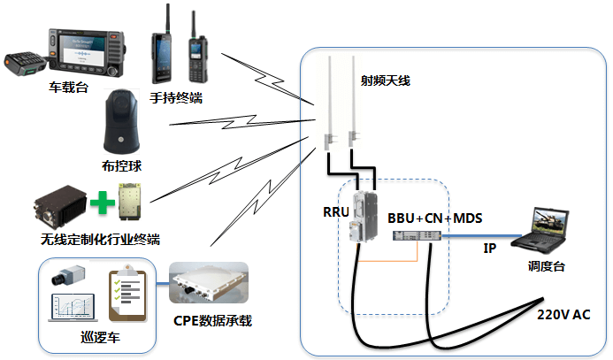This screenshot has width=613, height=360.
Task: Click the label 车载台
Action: coord(67,88)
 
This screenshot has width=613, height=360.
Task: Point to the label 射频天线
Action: coord(385,80)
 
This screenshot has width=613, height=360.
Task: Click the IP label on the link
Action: coord(490,249)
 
